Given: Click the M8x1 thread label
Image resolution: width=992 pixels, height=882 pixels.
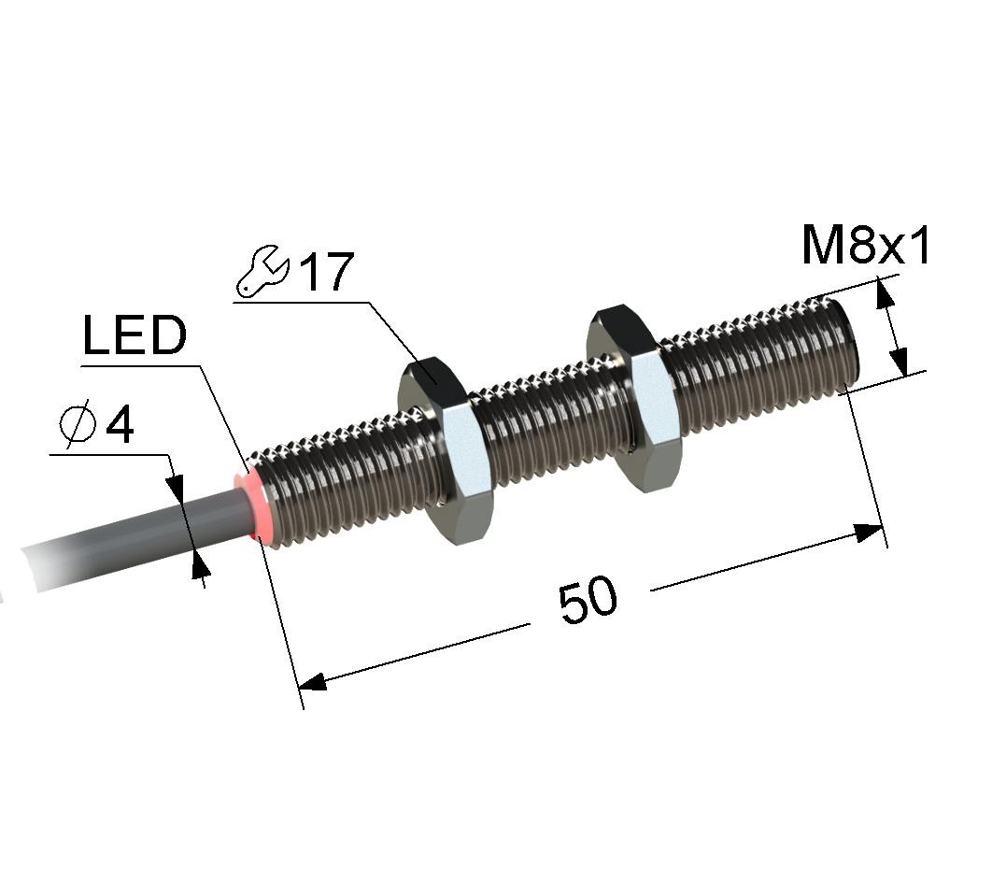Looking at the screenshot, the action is click(x=866, y=246).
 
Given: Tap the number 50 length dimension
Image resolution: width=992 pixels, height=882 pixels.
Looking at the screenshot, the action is click(x=588, y=599).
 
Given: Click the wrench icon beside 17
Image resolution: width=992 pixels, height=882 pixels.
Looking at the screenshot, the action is click(x=262, y=271).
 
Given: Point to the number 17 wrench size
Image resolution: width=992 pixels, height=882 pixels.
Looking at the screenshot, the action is click(x=326, y=272).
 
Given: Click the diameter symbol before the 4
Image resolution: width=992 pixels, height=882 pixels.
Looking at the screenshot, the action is click(x=78, y=424).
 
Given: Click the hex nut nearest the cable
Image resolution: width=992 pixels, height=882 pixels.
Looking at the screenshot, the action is click(x=446, y=448).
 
